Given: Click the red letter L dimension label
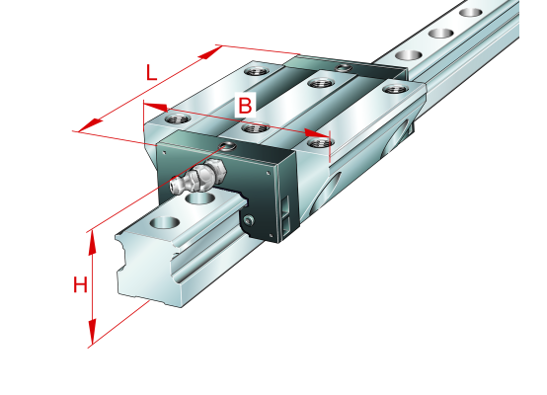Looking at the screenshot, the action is click(x=151, y=73).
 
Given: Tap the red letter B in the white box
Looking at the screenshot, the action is click(x=245, y=105).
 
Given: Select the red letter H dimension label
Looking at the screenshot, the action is click(x=80, y=284).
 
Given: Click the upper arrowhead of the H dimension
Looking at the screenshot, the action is click(x=92, y=243).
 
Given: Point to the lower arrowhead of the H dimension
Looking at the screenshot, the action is click(x=92, y=332).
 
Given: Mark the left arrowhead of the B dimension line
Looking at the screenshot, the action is click(x=155, y=107).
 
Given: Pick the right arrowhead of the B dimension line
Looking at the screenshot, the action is click(x=317, y=133).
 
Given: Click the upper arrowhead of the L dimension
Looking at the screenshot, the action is click(x=209, y=52).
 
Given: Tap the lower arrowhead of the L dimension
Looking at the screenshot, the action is click(x=91, y=125).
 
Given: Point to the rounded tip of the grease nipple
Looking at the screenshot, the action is click(x=174, y=185).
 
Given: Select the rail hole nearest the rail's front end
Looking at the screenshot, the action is click(x=164, y=222).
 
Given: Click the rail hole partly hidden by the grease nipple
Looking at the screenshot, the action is click(x=200, y=198).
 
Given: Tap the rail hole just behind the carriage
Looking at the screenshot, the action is click(x=408, y=55).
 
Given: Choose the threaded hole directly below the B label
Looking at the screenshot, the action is click(x=255, y=128).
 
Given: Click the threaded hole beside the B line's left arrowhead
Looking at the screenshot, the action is click(x=178, y=118).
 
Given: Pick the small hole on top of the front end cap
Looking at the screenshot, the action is click(x=227, y=146).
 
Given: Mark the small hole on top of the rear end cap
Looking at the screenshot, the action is click(x=343, y=68).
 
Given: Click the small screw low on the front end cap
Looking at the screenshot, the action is click(x=249, y=220).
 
